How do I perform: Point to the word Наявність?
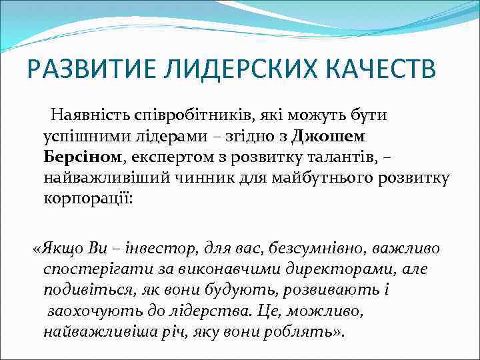point(93,114)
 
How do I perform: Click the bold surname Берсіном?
point(82,157)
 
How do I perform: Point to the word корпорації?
point(88,200)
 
